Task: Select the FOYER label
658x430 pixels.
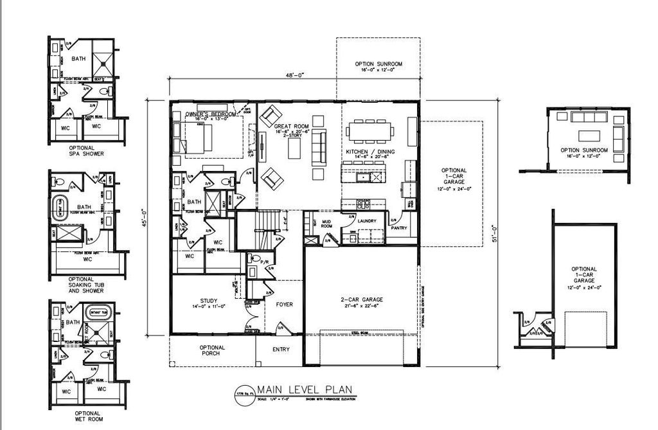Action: tap(284, 305)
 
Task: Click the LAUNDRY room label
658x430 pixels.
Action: tap(366, 221)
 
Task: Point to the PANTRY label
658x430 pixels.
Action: tap(399, 227)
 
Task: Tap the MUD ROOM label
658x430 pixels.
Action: tap(326, 224)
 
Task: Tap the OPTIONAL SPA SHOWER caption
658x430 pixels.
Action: tap(87, 150)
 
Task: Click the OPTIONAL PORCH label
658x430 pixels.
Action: tap(212, 351)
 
